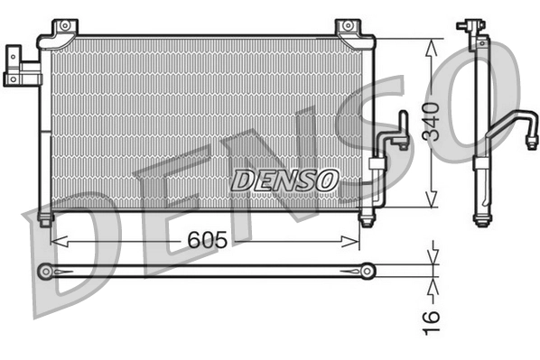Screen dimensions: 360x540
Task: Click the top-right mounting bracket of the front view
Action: coord(349,28)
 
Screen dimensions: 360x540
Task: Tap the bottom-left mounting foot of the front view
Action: coord(44,217)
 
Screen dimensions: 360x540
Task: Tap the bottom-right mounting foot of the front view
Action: coord(367,217)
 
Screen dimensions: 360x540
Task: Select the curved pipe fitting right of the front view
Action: coord(396,135)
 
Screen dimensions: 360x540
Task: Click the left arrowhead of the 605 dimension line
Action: coord(56,240)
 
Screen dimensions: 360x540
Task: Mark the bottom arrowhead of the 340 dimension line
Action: coord(433,204)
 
